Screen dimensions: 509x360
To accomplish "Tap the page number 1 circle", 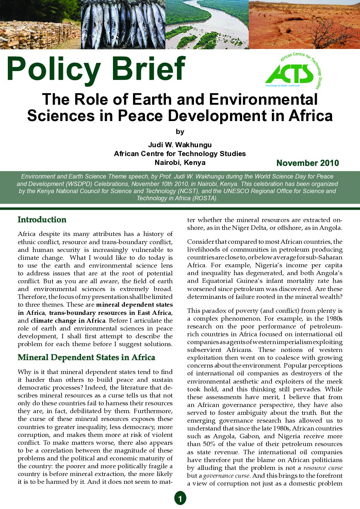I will coord(180,498).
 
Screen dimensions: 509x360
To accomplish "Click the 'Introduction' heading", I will coord(42,220).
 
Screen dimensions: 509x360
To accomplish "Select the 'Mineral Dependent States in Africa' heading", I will coord(86,357).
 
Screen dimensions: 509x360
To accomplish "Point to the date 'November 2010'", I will coord(308,163).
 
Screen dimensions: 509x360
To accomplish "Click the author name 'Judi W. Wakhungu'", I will coord(180,145).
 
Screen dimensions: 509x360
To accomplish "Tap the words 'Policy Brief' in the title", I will coord(96,69).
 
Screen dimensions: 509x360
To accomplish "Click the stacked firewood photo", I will coord(40,24).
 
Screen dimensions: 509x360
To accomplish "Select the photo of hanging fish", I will coord(123,24).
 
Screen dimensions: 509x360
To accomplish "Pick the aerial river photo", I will coord(207,24).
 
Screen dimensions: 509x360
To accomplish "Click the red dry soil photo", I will coord(304,24).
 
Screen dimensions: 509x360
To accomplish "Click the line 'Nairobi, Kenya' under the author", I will coord(180,163).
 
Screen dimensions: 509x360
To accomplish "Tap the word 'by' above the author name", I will coord(180,132).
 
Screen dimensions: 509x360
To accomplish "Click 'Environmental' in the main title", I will coord(263,100).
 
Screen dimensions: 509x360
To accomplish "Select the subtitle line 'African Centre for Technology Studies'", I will coord(180,154).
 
